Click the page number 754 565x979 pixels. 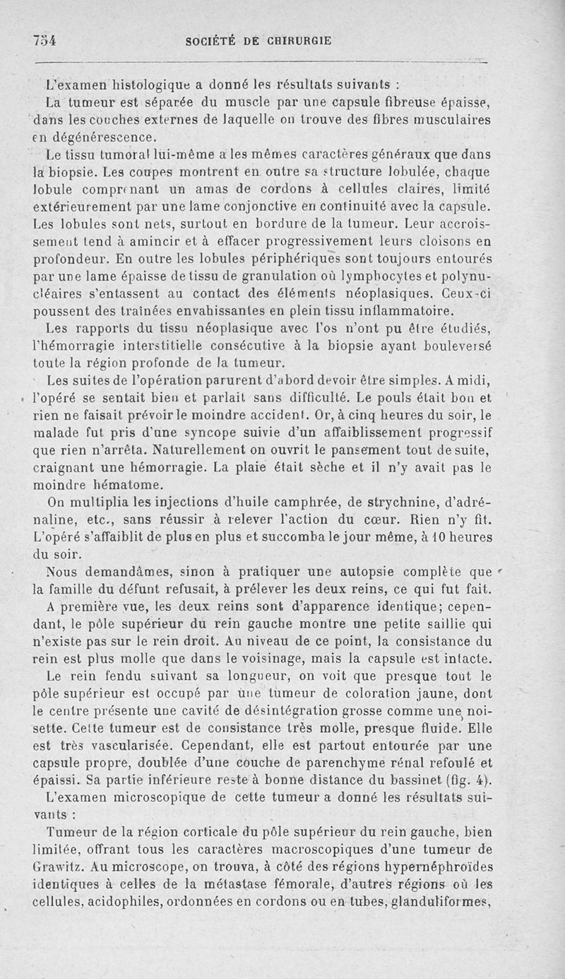(44, 40)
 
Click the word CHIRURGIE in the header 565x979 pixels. (299, 41)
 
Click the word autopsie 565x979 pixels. (381, 572)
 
